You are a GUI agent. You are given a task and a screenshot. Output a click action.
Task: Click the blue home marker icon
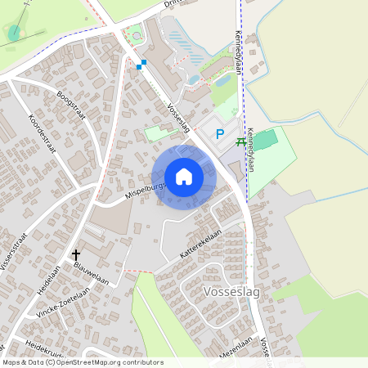coord(184,177)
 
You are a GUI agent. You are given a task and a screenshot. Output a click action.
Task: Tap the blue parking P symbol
coord(218,134)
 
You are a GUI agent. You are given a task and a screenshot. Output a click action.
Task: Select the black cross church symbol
coord(77,255)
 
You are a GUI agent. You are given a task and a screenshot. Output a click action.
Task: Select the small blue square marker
coord(143,63)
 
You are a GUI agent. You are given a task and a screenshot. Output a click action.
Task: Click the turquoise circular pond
coord(15,32)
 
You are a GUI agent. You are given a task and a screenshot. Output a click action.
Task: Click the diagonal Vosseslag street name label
coord(177,117)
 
